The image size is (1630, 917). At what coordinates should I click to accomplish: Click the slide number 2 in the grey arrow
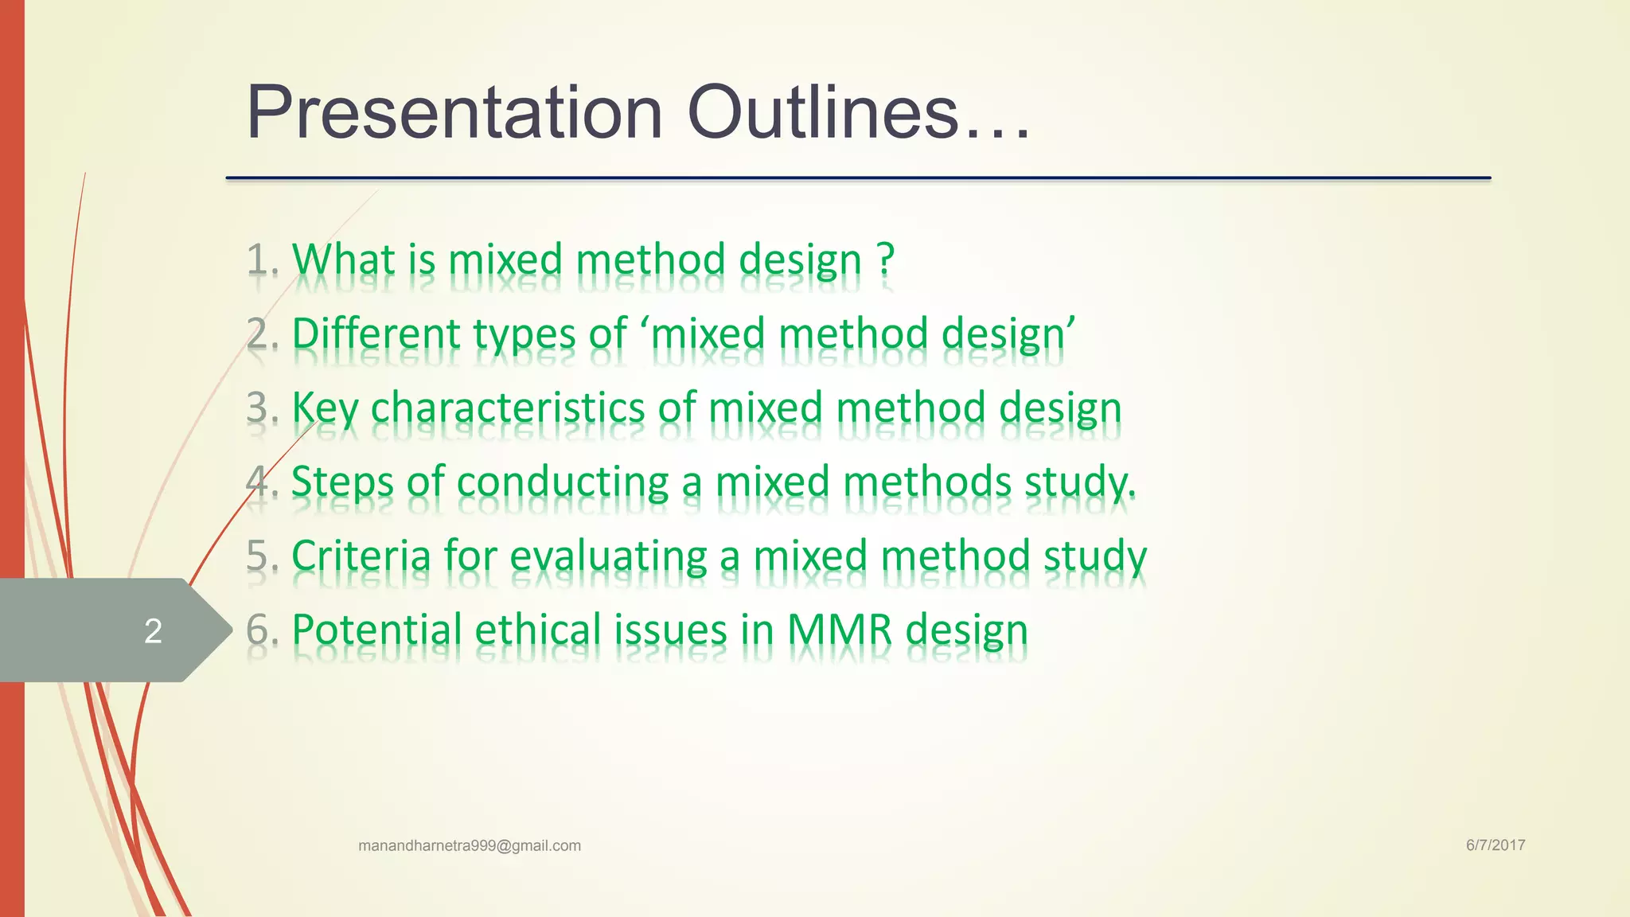(x=154, y=630)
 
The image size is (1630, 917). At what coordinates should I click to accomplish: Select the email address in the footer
(x=470, y=845)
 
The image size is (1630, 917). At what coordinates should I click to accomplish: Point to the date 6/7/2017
(x=1495, y=845)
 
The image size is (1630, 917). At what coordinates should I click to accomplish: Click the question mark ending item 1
(x=886, y=259)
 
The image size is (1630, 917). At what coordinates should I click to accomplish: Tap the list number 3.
(x=258, y=408)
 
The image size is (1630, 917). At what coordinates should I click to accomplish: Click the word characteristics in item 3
(x=507, y=408)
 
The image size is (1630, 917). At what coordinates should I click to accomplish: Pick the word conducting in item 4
(x=562, y=482)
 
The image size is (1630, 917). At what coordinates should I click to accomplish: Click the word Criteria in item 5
(x=361, y=556)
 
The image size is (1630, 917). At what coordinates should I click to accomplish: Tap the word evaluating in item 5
(x=608, y=556)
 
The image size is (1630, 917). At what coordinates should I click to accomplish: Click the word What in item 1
(x=344, y=259)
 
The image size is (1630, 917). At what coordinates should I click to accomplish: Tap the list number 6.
(x=258, y=630)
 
